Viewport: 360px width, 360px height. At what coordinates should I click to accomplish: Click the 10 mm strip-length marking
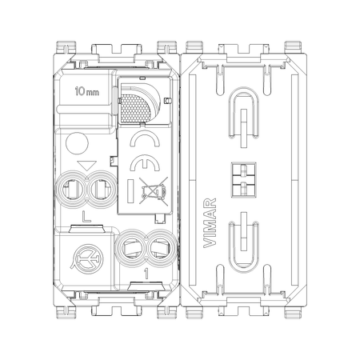pos(87,91)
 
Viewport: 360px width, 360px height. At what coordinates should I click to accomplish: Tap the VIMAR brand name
pos(210,223)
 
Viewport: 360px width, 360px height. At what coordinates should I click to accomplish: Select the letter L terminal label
pos(86,217)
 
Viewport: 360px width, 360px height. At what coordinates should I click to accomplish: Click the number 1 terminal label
pos(146,274)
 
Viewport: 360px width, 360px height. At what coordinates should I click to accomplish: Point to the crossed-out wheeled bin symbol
pos(154,190)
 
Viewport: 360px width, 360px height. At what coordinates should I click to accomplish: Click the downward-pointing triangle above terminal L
pos(86,166)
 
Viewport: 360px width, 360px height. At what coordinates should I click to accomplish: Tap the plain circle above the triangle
pos(77,143)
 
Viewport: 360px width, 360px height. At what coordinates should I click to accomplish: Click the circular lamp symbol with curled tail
pos(87,258)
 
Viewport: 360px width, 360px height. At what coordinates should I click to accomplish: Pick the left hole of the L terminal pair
pos(71,190)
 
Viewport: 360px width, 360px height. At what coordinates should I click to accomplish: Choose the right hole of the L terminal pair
pos(100,190)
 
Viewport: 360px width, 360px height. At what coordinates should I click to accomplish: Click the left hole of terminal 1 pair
pos(130,248)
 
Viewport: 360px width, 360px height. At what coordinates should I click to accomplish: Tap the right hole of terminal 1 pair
pos(160,248)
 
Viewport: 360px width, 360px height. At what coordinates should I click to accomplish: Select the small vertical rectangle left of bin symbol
pos(130,191)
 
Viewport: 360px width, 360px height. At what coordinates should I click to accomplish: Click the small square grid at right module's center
pos(244,180)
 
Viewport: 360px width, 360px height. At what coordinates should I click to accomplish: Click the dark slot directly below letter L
pos(86,229)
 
